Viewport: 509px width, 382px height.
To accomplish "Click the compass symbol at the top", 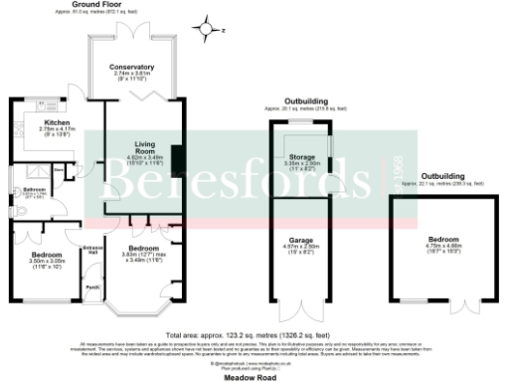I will tap(208, 28).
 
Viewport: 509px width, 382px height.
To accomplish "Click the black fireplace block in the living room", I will tap(176, 159).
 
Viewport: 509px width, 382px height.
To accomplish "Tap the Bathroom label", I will tap(37, 187).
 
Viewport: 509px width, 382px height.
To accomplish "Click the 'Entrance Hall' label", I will tap(93, 249).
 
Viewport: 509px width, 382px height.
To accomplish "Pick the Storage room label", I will tap(301, 158).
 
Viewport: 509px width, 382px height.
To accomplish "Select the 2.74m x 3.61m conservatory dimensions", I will tap(137, 74).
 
